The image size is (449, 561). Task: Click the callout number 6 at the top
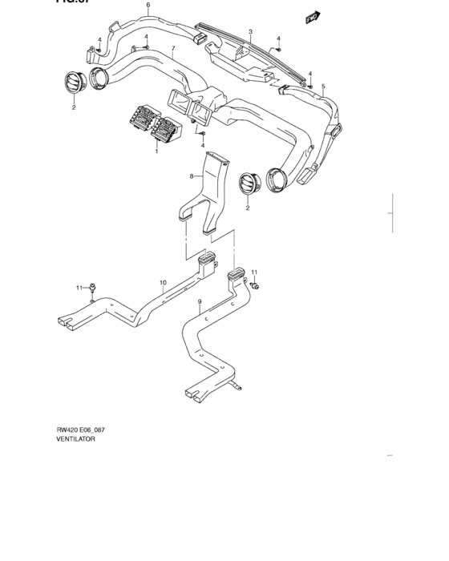pos(148,6)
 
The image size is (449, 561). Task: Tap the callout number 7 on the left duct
pos(173,49)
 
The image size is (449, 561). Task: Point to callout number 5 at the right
pos(323,86)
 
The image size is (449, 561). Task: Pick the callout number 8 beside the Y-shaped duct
pos(191,176)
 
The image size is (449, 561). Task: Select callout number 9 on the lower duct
pos(199,302)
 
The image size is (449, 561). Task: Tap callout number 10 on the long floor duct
pos(162,282)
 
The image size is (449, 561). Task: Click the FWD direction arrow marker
pos(313,15)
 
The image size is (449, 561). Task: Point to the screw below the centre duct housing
pos(204,133)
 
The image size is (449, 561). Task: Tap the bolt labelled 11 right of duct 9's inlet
pos(255,285)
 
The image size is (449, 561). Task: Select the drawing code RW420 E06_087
pos(80,430)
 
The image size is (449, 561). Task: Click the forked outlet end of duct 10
pos(69,322)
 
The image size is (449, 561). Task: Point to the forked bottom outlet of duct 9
pos(195,394)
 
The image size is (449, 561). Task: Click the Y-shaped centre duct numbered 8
pos(210,192)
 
